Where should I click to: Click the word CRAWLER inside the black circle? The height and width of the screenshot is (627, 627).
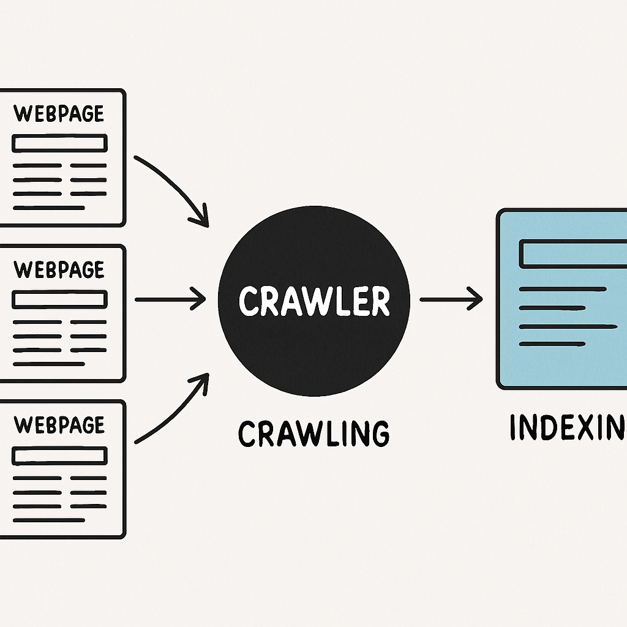click(313, 301)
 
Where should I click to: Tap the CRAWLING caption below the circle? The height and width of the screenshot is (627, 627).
click(313, 434)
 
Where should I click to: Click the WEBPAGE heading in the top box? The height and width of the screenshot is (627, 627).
click(59, 113)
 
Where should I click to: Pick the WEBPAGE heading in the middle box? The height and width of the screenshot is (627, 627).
click(59, 269)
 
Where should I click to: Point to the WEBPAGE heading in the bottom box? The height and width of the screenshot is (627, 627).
click(59, 424)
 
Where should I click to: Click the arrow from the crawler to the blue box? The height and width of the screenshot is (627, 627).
click(450, 299)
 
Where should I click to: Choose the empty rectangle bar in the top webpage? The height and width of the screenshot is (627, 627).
click(59, 143)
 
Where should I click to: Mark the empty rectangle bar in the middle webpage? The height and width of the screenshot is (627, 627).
click(59, 299)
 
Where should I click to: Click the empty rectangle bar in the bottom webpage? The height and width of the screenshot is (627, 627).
click(59, 455)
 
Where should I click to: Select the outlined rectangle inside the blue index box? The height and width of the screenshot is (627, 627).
click(573, 253)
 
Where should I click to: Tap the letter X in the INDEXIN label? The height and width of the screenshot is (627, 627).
click(588, 427)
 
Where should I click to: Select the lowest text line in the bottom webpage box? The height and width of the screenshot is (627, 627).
click(48, 520)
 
